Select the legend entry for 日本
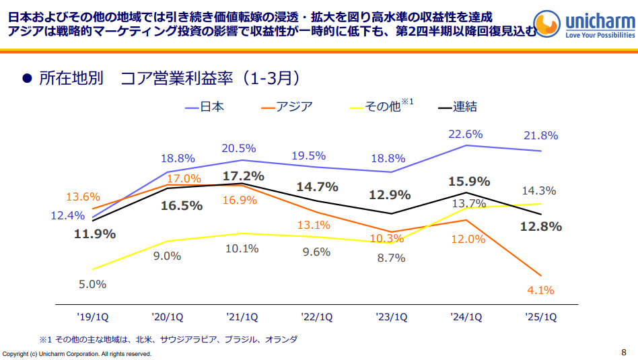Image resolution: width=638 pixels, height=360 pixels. click(x=205, y=106)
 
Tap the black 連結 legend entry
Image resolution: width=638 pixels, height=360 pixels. click(x=458, y=106)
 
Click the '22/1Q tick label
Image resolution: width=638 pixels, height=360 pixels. click(x=317, y=316)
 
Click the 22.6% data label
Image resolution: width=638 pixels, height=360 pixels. click(x=466, y=134)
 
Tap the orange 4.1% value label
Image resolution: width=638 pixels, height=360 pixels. click(x=540, y=291)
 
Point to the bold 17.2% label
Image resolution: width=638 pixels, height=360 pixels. click(x=242, y=176)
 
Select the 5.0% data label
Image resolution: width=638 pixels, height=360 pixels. click(x=93, y=284)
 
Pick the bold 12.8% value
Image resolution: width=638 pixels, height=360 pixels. click(x=540, y=227)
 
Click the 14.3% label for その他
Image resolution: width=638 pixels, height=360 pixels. click(x=540, y=190)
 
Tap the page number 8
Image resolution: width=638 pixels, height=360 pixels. click(x=623, y=351)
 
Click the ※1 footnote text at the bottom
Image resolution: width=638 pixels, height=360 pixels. click(x=168, y=339)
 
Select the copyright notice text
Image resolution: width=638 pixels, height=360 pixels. click(x=77, y=353)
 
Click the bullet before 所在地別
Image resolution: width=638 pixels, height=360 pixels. click(x=28, y=79)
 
